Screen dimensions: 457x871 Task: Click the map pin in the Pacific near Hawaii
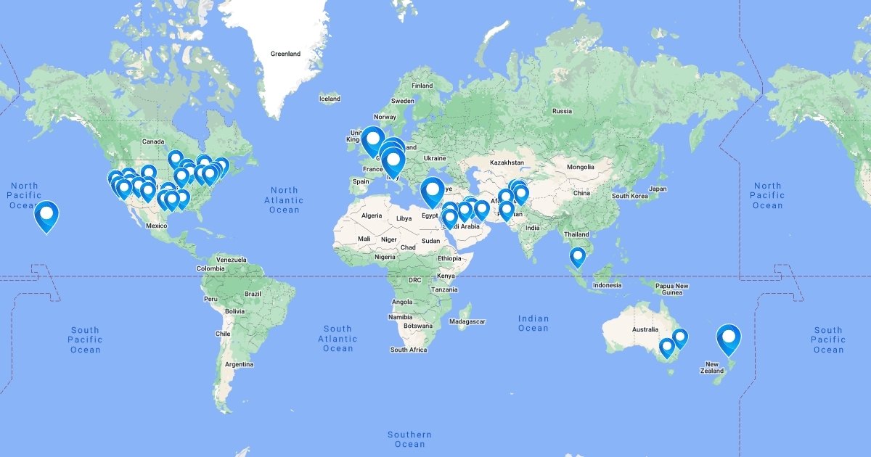pos(46,214)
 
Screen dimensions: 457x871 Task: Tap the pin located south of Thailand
pos(578,256)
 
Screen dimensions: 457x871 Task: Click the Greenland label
pos(285,54)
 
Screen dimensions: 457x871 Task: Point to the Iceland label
pos(330,99)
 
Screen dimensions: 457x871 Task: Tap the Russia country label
pos(562,111)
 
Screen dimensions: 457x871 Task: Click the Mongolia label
pos(580,167)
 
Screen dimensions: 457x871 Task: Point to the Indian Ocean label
pos(533,324)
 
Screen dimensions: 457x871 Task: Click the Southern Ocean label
pos(410,439)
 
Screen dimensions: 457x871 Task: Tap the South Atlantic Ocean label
pos(338,339)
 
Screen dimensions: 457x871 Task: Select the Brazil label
pos(253,294)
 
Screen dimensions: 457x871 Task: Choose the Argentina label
pos(239,363)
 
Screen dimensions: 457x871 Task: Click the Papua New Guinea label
pos(671,288)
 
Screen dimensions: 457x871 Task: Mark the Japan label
pos(658,189)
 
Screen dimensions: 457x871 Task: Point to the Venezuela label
pos(232,259)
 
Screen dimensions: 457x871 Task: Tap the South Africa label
pos(409,350)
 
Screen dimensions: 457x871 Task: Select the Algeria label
pos(372,216)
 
